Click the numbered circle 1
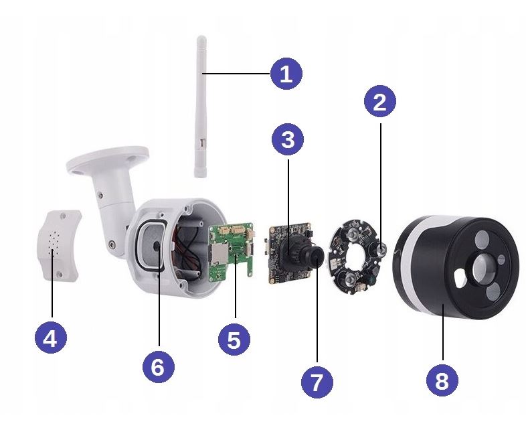(286, 74)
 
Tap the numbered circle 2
(380, 101)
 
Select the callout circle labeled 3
(288, 139)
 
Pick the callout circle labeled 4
(51, 338)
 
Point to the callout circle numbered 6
(159, 366)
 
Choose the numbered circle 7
(317, 382)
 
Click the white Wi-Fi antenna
(201, 106)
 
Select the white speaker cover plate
(58, 245)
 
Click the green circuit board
(231, 252)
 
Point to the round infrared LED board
(357, 256)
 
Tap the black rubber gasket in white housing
(151, 244)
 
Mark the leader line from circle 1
(236, 74)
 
